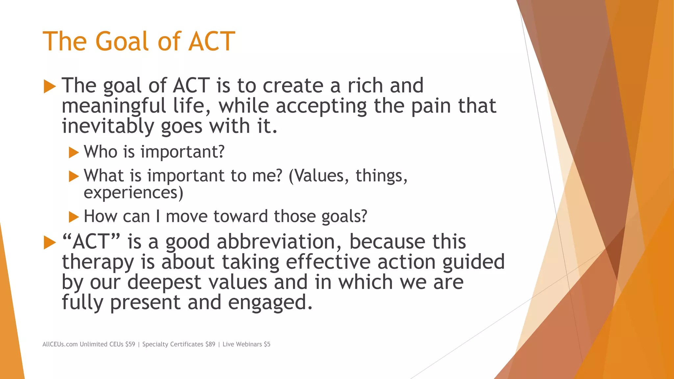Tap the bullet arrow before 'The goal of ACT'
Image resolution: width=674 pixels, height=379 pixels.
pyautogui.click(x=50, y=87)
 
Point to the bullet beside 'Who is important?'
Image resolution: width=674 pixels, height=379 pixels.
pyautogui.click(x=74, y=153)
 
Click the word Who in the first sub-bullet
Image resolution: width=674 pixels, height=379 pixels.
pyautogui.click(x=100, y=152)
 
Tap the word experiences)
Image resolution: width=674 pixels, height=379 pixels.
pyautogui.click(x=133, y=193)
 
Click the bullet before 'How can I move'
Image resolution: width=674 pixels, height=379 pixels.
pyautogui.click(x=74, y=217)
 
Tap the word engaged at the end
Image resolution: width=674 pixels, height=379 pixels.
pyautogui.click(x=270, y=303)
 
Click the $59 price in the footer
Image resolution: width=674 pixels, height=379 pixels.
pyautogui.click(x=130, y=344)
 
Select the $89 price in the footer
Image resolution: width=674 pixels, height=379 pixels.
pyautogui.click(x=210, y=344)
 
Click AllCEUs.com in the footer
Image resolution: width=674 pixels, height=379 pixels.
pyautogui.click(x=60, y=344)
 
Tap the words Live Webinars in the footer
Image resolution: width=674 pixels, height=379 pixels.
pyautogui.click(x=242, y=344)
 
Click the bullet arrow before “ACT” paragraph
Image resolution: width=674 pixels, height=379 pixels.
pyautogui.click(x=50, y=243)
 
